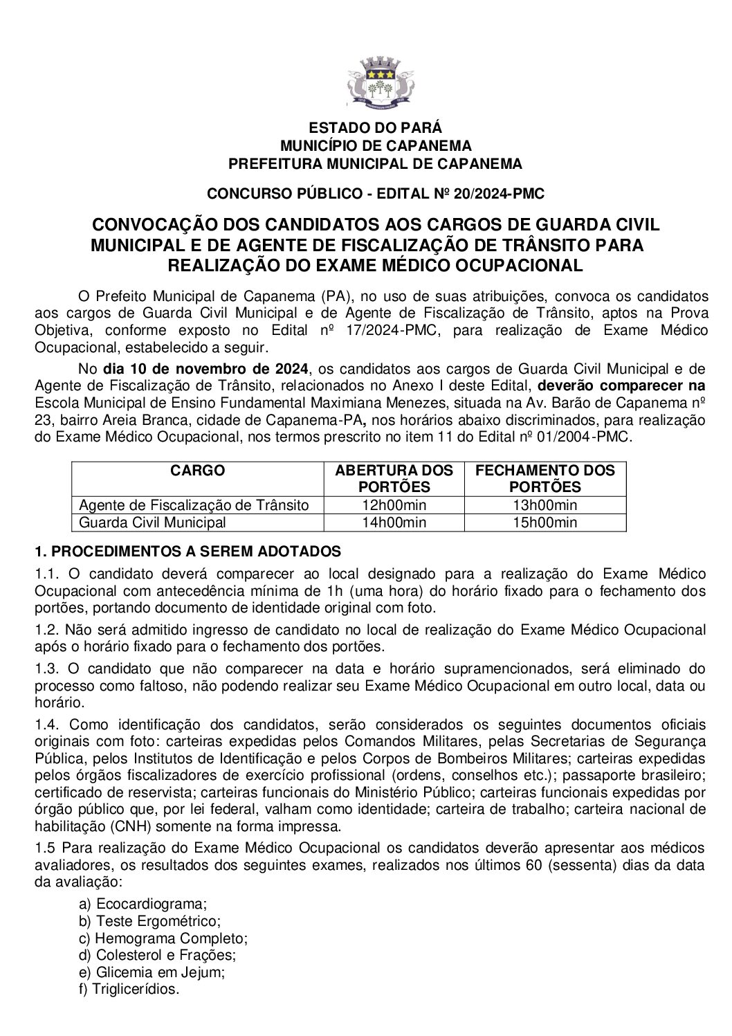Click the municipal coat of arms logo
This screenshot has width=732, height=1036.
tap(374, 82)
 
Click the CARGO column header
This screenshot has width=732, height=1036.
tap(197, 471)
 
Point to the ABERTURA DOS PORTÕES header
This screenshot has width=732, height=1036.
tap(394, 478)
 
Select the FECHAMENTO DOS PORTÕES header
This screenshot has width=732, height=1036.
tap(545, 478)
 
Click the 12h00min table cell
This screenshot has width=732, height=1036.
tap(394, 505)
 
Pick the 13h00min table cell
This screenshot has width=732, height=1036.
tap(545, 505)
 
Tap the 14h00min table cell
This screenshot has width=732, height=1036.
tap(394, 522)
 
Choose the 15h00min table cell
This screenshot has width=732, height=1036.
tap(545, 522)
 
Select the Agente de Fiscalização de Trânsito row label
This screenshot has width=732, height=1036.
tap(194, 505)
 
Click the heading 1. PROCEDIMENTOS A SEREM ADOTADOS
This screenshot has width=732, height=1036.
tap(188, 552)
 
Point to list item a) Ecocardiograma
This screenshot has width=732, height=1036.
tap(143, 903)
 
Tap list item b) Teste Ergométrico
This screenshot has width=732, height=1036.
tap(149, 921)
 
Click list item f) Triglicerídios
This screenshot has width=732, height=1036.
tap(129, 990)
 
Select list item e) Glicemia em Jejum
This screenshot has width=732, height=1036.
tap(152, 972)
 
